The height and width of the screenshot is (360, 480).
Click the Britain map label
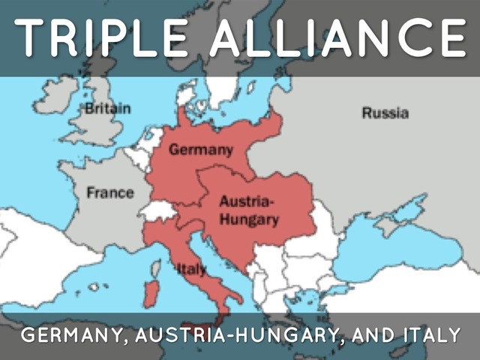point(107,108)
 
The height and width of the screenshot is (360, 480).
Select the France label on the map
point(109,193)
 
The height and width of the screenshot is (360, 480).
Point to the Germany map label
point(200,149)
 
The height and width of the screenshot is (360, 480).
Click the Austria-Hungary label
point(248,211)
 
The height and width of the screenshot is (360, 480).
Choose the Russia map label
point(385,113)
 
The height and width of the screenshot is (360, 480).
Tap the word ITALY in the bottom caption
point(426,335)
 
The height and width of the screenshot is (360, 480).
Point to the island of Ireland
point(56,97)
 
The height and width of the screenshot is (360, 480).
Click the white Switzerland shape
point(160,211)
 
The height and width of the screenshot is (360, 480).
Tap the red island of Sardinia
point(151,292)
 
